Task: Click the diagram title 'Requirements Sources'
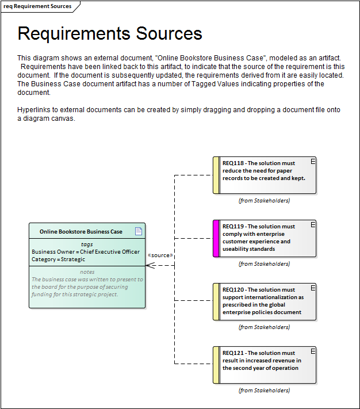tap(110, 33)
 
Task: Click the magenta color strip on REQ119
tap(216, 238)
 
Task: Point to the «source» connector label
tap(160, 255)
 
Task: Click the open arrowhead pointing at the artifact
tap(150, 265)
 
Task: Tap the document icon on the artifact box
tap(138, 231)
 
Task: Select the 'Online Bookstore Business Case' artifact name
tap(81, 232)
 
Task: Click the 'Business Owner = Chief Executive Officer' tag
tap(86, 252)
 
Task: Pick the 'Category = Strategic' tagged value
tap(58, 259)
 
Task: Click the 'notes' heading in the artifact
tap(87, 272)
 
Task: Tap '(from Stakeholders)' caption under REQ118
tap(264, 201)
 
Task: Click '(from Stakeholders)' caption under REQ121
tap(264, 391)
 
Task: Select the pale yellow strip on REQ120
tap(216, 301)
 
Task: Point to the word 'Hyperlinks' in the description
tap(34, 109)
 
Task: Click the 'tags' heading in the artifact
tap(87, 244)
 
